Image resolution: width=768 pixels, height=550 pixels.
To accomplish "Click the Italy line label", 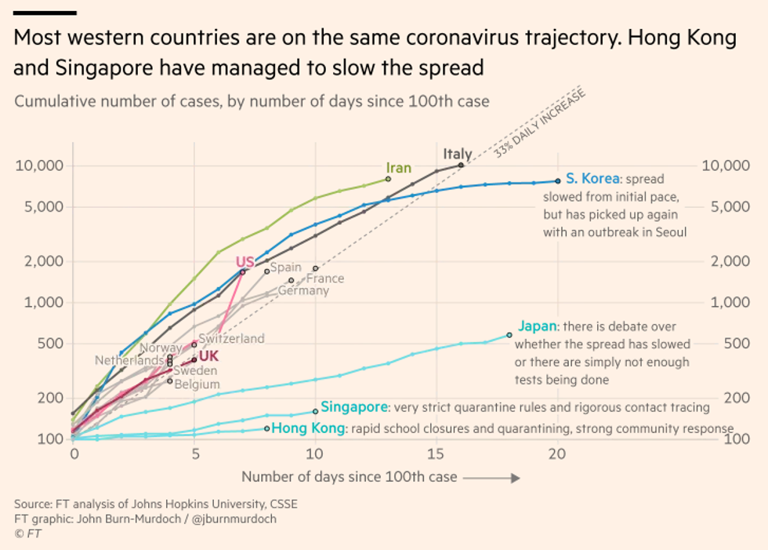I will click(x=458, y=154).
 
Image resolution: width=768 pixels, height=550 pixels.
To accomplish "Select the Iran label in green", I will click(x=398, y=168).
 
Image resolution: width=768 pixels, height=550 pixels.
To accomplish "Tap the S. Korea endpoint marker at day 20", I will click(x=557, y=180).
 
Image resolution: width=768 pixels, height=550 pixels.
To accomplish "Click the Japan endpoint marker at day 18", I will click(x=509, y=335).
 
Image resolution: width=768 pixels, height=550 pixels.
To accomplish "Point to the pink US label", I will click(x=245, y=261).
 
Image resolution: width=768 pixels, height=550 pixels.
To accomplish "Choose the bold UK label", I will click(x=208, y=356).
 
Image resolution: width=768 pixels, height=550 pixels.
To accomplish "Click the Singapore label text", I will click(x=354, y=407).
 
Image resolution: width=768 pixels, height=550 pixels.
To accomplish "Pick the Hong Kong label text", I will click(x=307, y=428).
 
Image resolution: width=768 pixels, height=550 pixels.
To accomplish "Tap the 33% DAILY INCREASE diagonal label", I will click(x=541, y=125).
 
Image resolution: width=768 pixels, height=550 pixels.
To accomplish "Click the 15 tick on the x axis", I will click(x=436, y=453).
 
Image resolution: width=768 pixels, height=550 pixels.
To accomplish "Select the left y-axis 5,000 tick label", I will click(x=39, y=207).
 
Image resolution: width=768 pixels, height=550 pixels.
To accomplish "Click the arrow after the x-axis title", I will click(x=494, y=477).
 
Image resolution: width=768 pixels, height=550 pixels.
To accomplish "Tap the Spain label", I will click(x=286, y=268).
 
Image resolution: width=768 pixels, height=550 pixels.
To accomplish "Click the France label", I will click(x=325, y=279).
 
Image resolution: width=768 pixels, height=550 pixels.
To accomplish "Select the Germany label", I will click(x=303, y=290).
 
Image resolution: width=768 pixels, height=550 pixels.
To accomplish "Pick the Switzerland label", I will click(x=231, y=338).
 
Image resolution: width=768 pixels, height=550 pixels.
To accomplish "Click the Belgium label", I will click(x=197, y=384).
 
